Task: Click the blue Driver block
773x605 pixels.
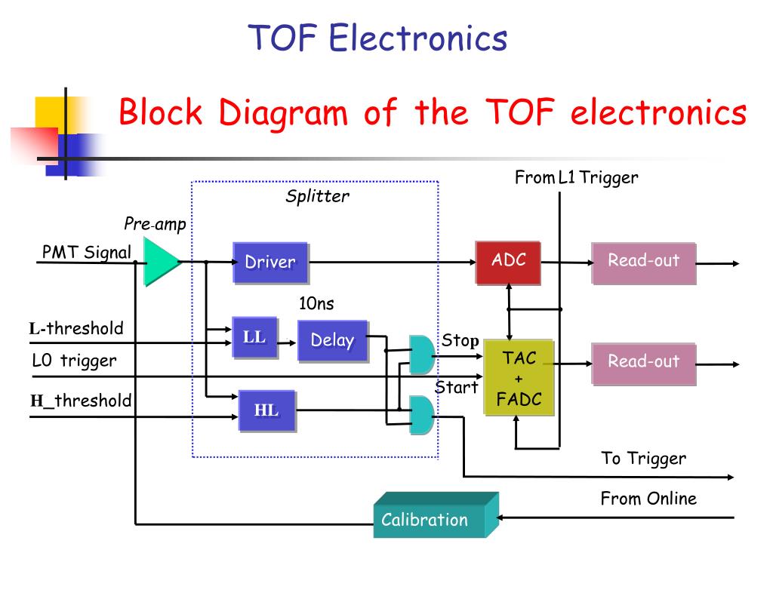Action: click(x=271, y=263)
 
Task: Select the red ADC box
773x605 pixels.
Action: click(x=508, y=263)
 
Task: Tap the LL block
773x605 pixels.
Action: click(x=255, y=337)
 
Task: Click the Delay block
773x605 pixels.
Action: click(x=333, y=341)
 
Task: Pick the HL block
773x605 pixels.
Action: click(x=267, y=411)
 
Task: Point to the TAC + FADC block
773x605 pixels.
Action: click(x=519, y=378)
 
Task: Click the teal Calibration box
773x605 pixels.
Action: click(x=436, y=515)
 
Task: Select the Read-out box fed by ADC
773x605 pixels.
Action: click(x=644, y=263)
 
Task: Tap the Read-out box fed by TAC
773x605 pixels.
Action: click(x=644, y=364)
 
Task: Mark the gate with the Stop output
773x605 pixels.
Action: click(x=421, y=355)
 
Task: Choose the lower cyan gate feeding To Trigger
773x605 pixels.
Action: click(x=421, y=415)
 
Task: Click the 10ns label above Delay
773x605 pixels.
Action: click(x=316, y=303)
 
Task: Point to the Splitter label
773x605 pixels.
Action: click(x=318, y=197)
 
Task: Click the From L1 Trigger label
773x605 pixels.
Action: click(x=576, y=177)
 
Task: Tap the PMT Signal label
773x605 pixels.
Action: click(x=87, y=252)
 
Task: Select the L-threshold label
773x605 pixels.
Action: click(x=76, y=328)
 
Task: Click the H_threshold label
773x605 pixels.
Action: click(x=81, y=401)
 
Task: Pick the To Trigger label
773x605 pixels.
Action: click(x=643, y=459)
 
